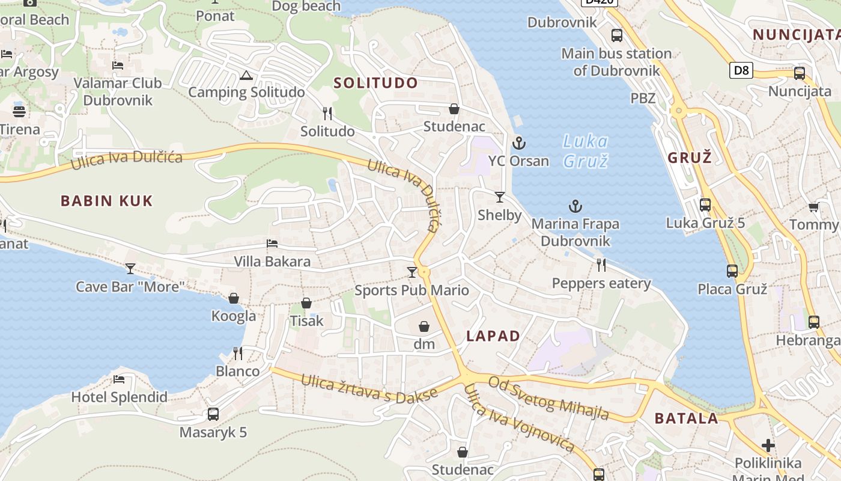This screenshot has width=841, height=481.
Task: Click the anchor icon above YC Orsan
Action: pyautogui.click(x=519, y=143)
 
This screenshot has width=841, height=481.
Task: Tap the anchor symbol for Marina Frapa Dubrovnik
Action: pyautogui.click(x=575, y=206)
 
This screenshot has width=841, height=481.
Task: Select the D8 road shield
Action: pyautogui.click(x=742, y=70)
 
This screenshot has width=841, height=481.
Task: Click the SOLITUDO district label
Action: pyautogui.click(x=375, y=83)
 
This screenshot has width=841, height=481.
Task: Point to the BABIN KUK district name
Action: pyautogui.click(x=107, y=201)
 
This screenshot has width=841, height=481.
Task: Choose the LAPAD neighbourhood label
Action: pyautogui.click(x=493, y=336)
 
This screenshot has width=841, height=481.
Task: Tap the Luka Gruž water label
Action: pyautogui.click(x=586, y=151)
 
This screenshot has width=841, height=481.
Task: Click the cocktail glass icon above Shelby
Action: pyautogui.click(x=499, y=197)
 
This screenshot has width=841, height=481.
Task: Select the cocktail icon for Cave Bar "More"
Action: pyautogui.click(x=130, y=268)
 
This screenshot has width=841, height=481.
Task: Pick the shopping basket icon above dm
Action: pyautogui.click(x=424, y=326)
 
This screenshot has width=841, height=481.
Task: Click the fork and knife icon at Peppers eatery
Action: pyautogui.click(x=601, y=265)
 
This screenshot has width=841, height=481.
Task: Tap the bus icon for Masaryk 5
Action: pyautogui.click(x=213, y=414)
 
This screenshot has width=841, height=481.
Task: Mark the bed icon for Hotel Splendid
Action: pyautogui.click(x=119, y=379)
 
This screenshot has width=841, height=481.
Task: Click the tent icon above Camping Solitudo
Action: pyautogui.click(x=245, y=75)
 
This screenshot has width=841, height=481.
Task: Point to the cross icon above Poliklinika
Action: pyautogui.click(x=768, y=446)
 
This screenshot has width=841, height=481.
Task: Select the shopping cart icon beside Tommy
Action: pyautogui.click(x=813, y=207)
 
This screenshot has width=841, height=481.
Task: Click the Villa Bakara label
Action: pyautogui.click(x=272, y=262)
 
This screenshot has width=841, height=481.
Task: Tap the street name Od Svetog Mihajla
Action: pyautogui.click(x=548, y=397)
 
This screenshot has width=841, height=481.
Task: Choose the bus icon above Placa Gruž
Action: pyautogui.click(x=732, y=271)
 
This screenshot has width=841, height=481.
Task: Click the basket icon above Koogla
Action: pyautogui.click(x=234, y=298)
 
